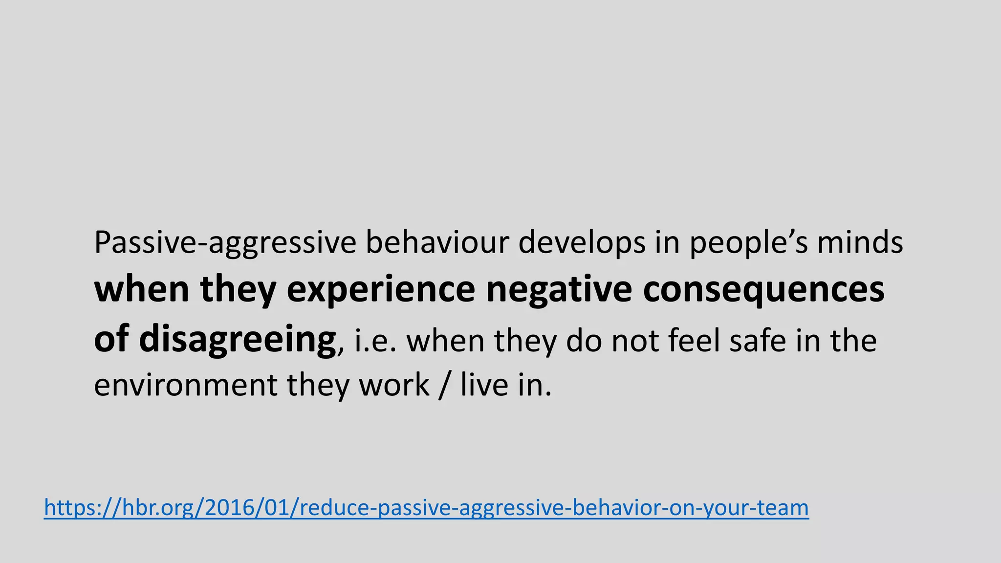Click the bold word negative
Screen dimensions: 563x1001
(559, 289)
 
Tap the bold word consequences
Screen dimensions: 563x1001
(763, 290)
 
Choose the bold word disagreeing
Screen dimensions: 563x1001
(238, 340)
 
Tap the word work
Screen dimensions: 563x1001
(394, 386)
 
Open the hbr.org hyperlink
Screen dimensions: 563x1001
(426, 508)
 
